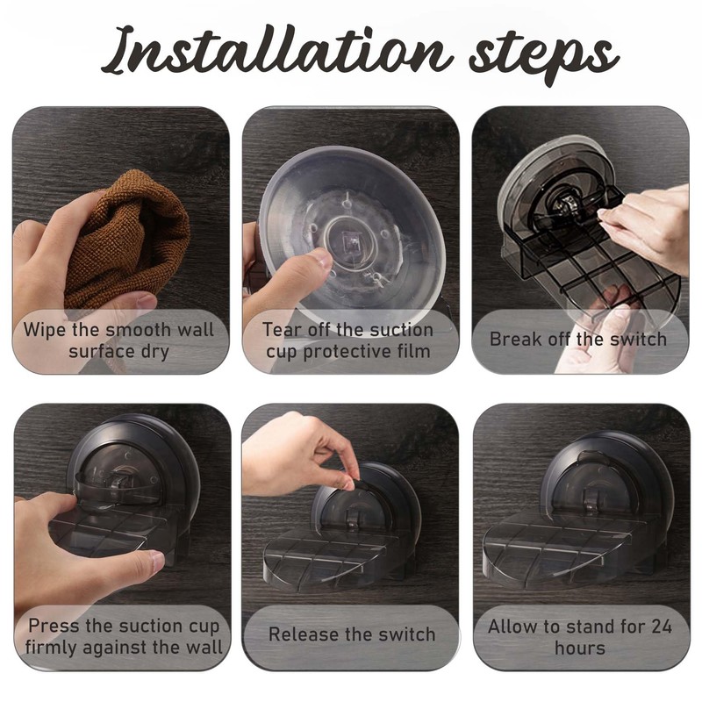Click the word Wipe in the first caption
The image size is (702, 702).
[x=45, y=330]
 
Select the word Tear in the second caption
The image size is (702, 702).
[x=282, y=330]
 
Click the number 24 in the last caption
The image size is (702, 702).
[x=662, y=627]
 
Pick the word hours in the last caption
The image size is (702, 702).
[x=580, y=648]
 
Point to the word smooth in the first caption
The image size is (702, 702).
[x=139, y=330]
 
